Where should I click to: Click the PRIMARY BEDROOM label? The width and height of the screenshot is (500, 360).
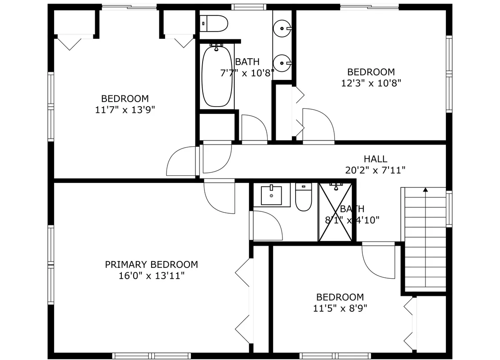click(152, 265)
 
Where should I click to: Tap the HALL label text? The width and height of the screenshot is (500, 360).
click(375, 159)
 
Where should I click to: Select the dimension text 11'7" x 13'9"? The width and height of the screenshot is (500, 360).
click(125, 110)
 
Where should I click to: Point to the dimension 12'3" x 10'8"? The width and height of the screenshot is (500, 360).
click(371, 83)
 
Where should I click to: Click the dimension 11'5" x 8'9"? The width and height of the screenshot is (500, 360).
click(340, 309)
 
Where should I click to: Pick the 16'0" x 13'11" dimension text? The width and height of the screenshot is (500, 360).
click(152, 276)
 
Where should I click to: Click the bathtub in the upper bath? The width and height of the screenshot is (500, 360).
click(217, 76)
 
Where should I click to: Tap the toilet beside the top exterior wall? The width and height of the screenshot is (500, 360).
click(213, 23)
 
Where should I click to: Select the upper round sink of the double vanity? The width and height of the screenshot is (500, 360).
click(282, 28)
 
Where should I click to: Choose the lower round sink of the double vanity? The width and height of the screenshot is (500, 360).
click(282, 63)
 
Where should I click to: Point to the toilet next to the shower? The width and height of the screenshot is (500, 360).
click(303, 197)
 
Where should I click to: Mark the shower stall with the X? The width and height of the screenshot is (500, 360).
click(335, 212)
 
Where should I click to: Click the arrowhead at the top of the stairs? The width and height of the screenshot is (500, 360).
click(426, 190)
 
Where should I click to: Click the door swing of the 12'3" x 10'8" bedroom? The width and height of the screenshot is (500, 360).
click(319, 125)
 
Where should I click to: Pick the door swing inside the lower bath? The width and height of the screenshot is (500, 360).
click(267, 225)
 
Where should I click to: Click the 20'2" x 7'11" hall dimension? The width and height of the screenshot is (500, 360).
click(375, 170)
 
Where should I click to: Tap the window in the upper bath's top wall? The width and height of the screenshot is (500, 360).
click(249, 7)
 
